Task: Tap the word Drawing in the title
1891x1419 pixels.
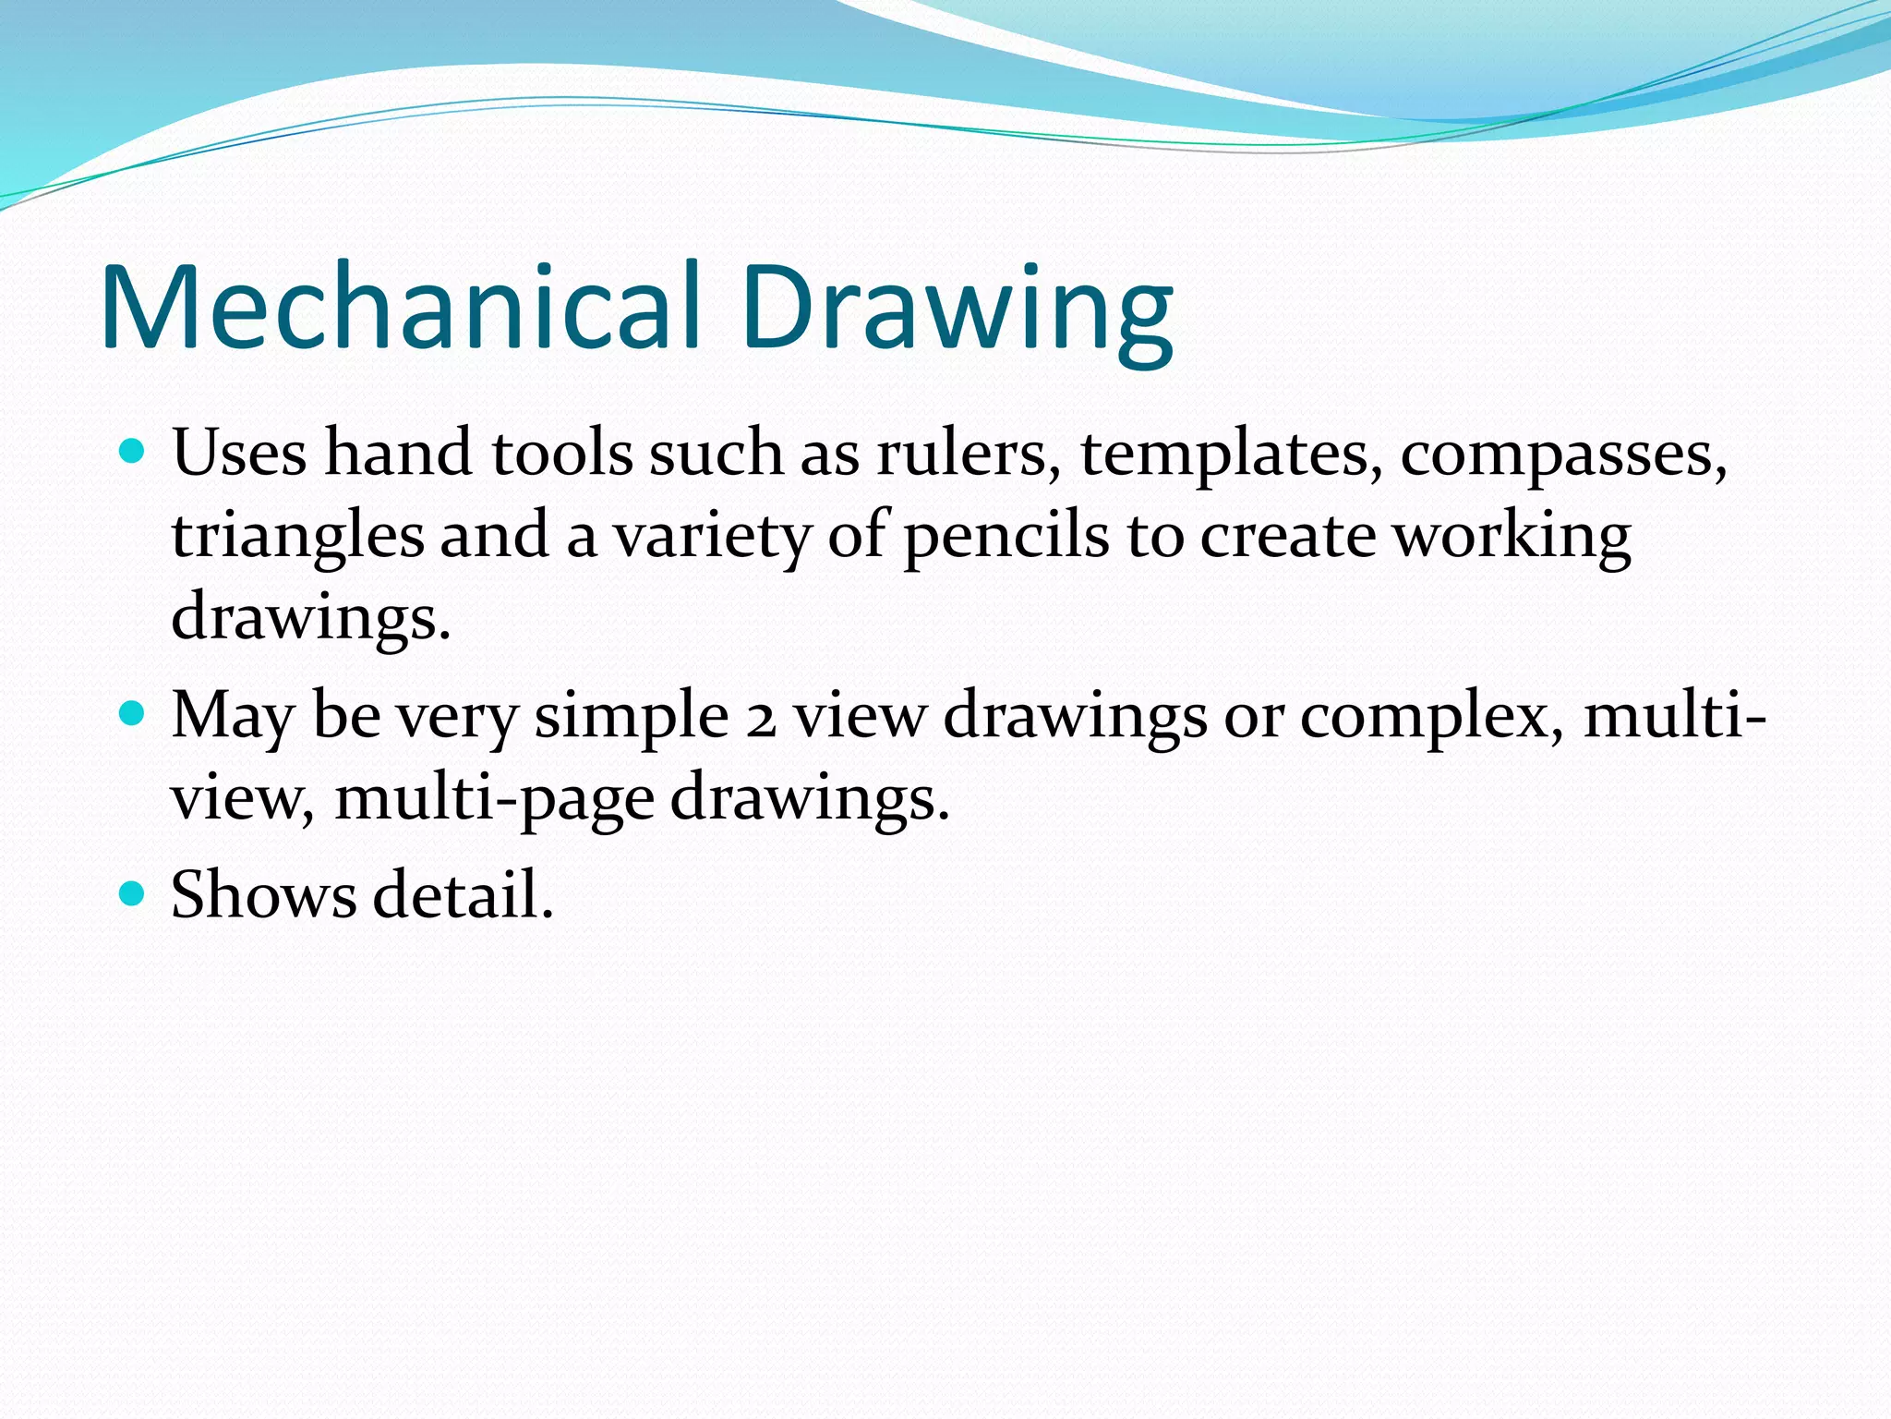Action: (x=957, y=309)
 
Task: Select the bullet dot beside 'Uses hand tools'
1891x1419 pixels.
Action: (x=133, y=452)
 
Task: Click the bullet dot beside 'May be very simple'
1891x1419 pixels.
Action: (x=133, y=714)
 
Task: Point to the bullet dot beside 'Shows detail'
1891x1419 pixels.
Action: (x=133, y=893)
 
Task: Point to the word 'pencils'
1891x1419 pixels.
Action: (x=1006, y=537)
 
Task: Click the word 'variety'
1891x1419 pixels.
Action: (x=712, y=537)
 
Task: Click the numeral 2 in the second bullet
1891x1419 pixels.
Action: (x=761, y=719)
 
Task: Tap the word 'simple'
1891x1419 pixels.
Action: (x=632, y=717)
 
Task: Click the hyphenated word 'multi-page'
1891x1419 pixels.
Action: (x=494, y=798)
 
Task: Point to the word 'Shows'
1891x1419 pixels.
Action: (x=263, y=894)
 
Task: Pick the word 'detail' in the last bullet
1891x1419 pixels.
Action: (x=463, y=894)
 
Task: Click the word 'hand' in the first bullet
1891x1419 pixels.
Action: (x=398, y=453)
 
